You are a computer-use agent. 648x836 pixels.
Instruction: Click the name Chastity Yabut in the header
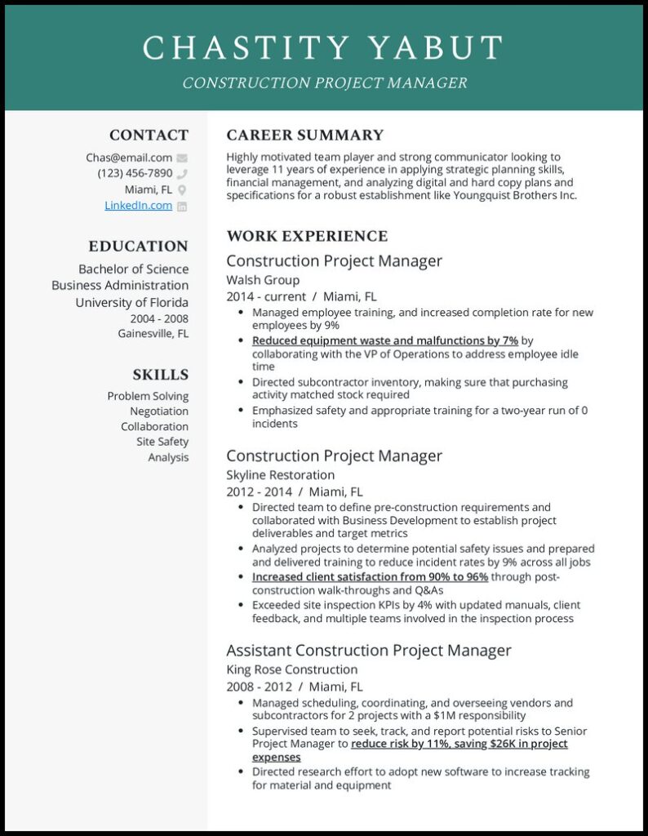coord(323,48)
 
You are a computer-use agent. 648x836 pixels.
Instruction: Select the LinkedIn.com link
coord(138,206)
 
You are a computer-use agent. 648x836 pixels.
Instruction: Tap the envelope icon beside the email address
coord(182,158)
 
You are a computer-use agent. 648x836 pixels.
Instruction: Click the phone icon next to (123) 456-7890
coord(182,174)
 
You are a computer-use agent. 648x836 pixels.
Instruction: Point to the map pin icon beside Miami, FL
coord(182,190)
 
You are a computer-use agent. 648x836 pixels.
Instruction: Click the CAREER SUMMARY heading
coord(304,136)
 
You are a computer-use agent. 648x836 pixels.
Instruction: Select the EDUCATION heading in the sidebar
coord(138,247)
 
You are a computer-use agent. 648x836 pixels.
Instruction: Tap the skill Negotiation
coord(159,411)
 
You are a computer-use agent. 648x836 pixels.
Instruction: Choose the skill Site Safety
coord(162,442)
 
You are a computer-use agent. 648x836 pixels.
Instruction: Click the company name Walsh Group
coord(263,280)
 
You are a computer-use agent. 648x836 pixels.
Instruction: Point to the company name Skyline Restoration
coord(280,475)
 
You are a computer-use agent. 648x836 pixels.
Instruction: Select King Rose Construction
coord(291,670)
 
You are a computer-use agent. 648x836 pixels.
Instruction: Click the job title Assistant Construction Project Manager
coord(369,651)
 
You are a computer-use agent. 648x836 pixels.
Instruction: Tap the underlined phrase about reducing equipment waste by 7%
coord(384,340)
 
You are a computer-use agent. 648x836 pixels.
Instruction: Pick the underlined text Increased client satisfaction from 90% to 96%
coord(370,576)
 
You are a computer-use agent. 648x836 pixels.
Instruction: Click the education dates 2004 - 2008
coord(159,318)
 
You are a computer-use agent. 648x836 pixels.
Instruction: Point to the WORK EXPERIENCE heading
coord(307,237)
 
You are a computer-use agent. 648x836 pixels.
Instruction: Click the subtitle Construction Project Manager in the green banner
coord(324,83)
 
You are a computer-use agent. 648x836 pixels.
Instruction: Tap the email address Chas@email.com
coord(129,158)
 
